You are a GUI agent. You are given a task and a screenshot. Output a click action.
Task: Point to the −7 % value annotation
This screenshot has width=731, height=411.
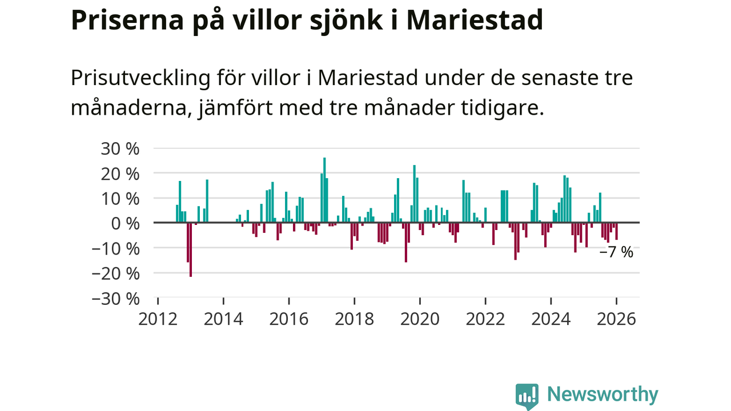[616, 252]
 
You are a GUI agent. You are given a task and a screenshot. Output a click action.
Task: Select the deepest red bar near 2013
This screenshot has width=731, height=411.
[191, 249]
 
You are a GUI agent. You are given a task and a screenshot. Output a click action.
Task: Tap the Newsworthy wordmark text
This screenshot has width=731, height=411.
[603, 394]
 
